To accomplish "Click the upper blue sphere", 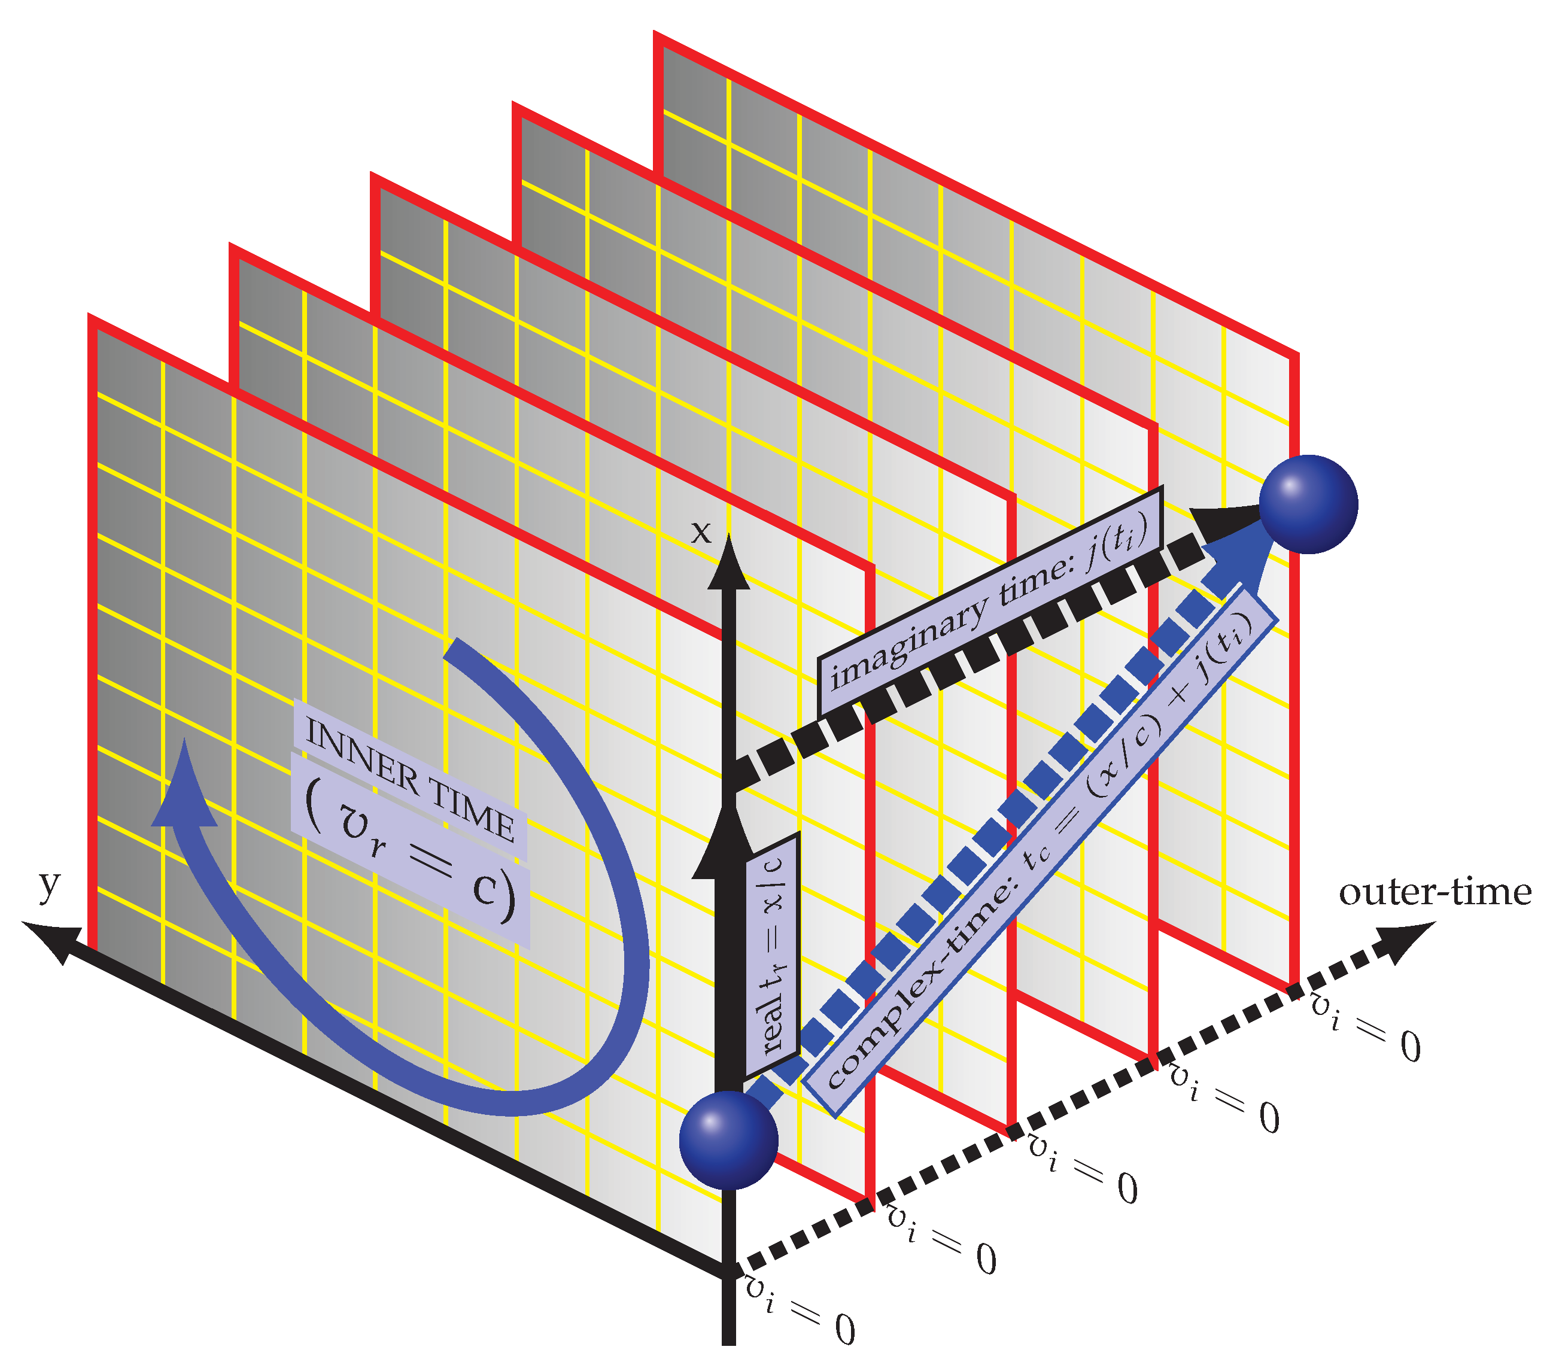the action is tap(1308, 504).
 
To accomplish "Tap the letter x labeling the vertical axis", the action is tap(701, 533).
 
